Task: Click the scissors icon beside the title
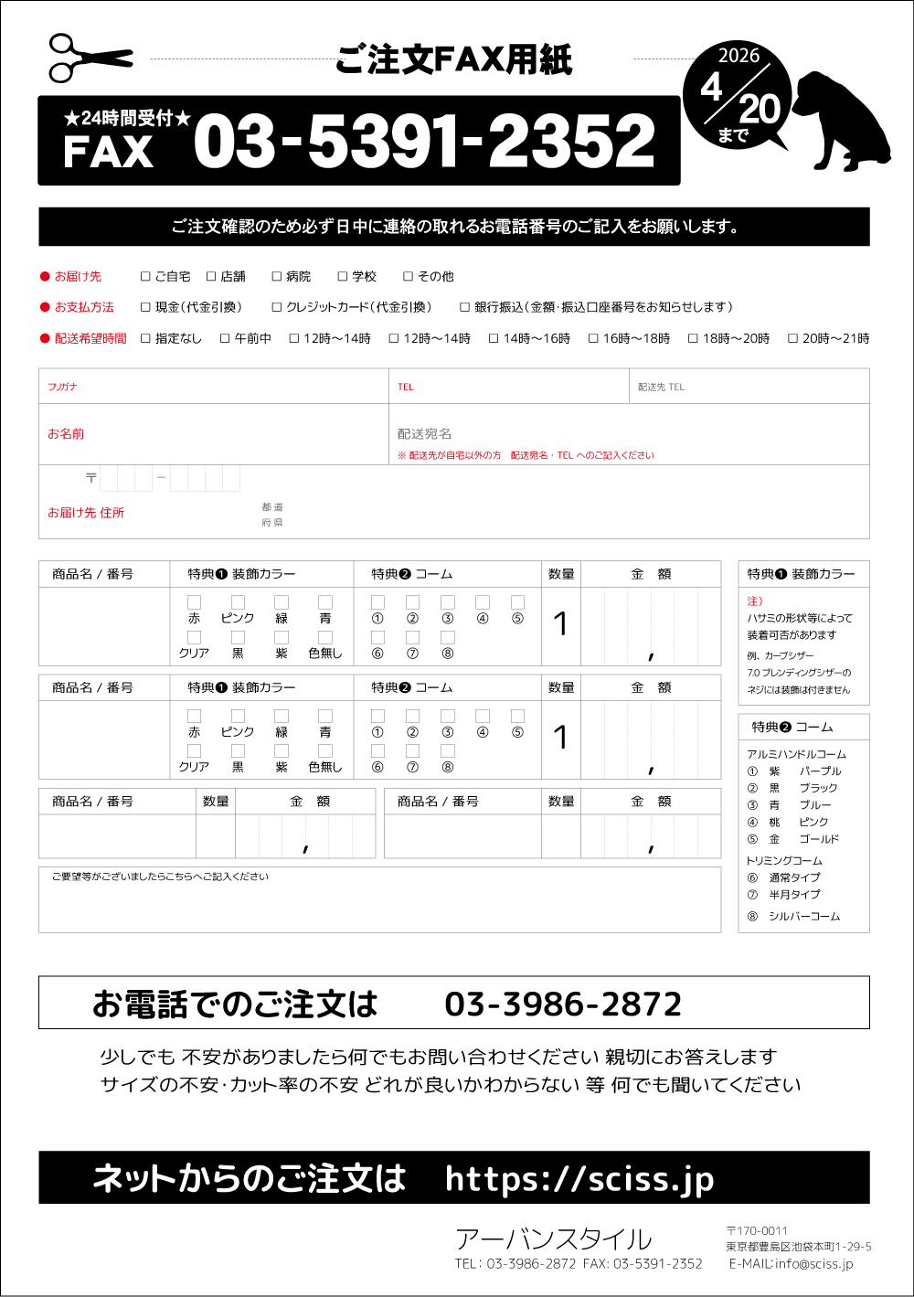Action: [90, 58]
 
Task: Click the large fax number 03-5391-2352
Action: [424, 142]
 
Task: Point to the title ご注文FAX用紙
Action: [453, 60]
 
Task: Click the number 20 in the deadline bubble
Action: [760, 110]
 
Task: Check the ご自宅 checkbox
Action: [145, 276]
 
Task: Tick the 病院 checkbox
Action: [276, 276]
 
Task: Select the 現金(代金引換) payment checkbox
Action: [145, 307]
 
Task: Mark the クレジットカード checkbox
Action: [276, 307]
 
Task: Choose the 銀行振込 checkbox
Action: [464, 307]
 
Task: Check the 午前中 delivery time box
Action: [225, 338]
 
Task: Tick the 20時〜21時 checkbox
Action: [792, 338]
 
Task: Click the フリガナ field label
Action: [62, 387]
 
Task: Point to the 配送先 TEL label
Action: [661, 387]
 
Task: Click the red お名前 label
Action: [66, 434]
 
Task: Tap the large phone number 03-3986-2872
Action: [563, 1005]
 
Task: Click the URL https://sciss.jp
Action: [579, 1178]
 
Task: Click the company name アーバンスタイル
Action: [553, 1239]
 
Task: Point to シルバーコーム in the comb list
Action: [804, 916]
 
